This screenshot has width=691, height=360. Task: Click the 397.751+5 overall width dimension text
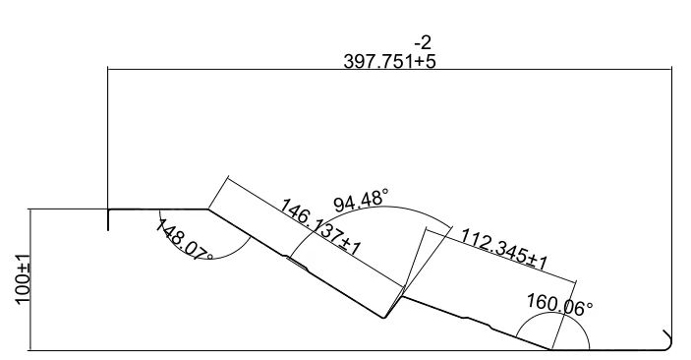pyautogui.click(x=389, y=61)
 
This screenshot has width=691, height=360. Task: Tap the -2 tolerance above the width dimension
pyautogui.click(x=423, y=42)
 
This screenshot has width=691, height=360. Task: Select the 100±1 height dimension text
pyautogui.click(x=23, y=279)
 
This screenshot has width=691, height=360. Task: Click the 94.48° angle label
pyautogui.click(x=361, y=201)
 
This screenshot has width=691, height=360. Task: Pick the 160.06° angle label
pyautogui.click(x=559, y=305)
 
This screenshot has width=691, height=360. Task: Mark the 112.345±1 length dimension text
pyautogui.click(x=503, y=249)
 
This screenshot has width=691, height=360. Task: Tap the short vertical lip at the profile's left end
pyautogui.click(x=108, y=219)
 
